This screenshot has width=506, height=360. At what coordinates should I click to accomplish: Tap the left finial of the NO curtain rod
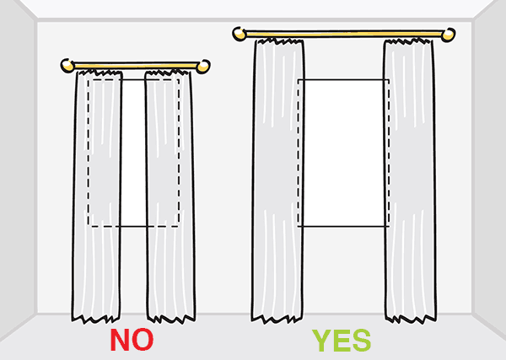[x=67, y=65]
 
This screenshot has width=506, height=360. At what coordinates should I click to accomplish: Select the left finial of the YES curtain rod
[x=239, y=35]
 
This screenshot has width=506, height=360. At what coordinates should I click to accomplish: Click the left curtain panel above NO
[x=100, y=194]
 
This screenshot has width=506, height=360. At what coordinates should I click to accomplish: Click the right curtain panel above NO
[x=169, y=194]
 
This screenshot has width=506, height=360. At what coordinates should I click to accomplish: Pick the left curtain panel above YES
[x=278, y=185]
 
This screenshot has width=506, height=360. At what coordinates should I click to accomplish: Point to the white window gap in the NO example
[x=133, y=152]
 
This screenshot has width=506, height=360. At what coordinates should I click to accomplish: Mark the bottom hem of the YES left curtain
[x=278, y=319]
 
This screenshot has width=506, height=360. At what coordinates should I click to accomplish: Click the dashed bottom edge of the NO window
[x=133, y=226]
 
